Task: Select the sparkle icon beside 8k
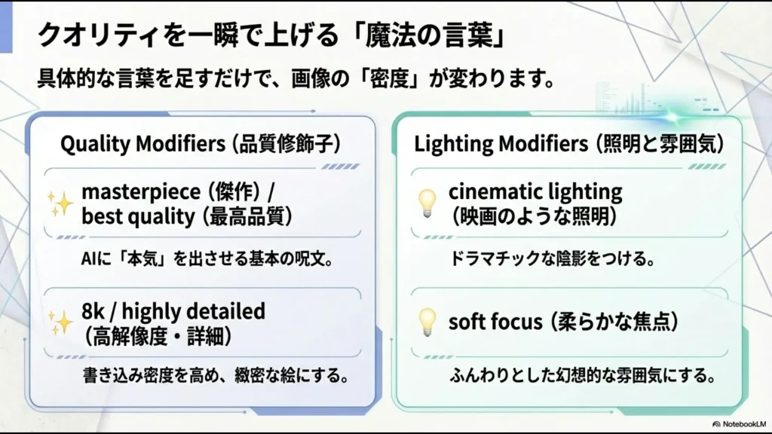point(60,322)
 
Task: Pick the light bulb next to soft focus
point(427,322)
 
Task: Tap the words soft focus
point(495,322)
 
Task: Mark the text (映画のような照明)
point(533,217)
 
